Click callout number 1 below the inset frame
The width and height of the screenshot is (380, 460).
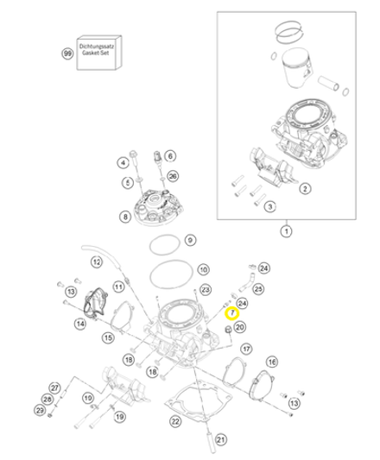click(286, 231)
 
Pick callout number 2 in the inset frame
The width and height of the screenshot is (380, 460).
click(304, 187)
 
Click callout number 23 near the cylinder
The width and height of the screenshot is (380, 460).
click(206, 289)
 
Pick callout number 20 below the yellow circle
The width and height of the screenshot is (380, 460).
click(240, 327)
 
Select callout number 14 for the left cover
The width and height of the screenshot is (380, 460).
click(79, 324)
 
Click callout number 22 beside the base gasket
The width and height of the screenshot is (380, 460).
click(174, 421)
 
